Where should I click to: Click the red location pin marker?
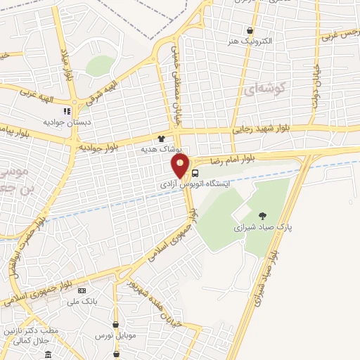[181, 166]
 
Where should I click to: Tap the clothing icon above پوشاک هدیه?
[162, 139]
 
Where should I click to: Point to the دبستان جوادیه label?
[65, 122]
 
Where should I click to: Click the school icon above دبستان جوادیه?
[67, 111]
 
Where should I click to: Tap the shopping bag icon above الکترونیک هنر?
[250, 30]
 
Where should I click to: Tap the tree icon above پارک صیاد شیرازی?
[263, 216]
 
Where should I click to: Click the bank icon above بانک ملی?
[82, 290]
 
